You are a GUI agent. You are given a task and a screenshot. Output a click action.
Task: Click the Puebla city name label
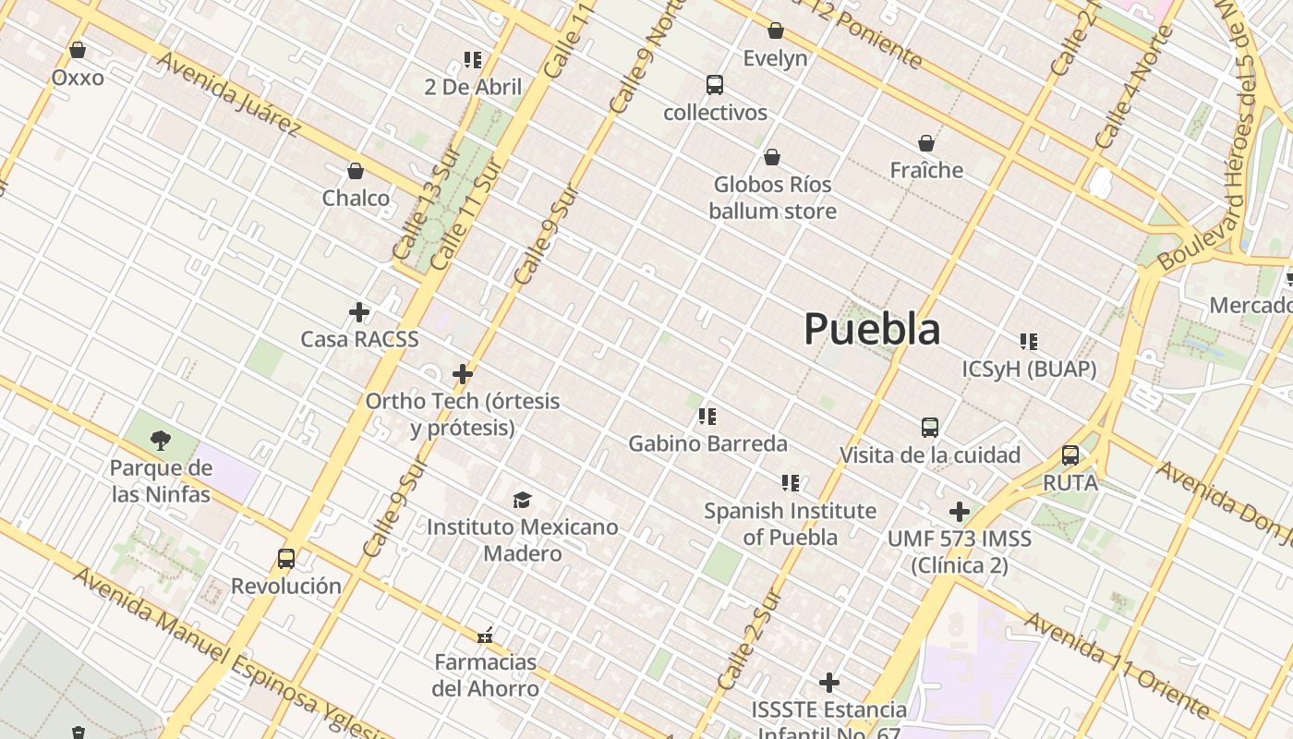coord(872,329)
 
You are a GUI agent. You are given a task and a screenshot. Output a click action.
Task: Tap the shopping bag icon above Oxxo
coord(78,50)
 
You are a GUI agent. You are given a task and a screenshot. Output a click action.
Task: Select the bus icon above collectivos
coord(715,85)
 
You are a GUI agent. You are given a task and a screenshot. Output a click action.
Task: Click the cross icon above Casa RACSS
coord(359,312)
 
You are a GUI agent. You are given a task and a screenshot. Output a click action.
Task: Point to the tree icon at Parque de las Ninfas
coord(161,440)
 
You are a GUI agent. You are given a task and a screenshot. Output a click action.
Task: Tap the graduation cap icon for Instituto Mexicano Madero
coord(523,500)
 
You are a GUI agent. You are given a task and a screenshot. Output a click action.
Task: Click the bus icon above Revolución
coord(286,559)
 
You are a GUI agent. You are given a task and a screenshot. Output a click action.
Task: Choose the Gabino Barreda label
coord(707,443)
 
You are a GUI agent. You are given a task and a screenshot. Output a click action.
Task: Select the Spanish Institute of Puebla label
coord(791,523)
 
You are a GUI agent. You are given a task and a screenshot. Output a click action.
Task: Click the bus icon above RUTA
coord(1070,455)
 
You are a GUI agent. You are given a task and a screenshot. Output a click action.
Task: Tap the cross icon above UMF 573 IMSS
coord(960,511)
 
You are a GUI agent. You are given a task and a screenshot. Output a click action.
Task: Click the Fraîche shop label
coord(926,170)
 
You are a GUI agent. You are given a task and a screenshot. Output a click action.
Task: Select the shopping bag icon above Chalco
coord(356,171)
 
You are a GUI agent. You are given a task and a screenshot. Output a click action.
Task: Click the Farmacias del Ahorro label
coord(486,675)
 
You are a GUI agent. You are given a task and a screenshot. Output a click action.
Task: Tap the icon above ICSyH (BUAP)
coord(1029,342)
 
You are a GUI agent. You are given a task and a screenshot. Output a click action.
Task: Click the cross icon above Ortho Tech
coord(463,374)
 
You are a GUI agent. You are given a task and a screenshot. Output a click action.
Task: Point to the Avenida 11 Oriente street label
coord(1117,663)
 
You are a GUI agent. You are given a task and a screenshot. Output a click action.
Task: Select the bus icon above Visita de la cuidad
coord(930,428)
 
